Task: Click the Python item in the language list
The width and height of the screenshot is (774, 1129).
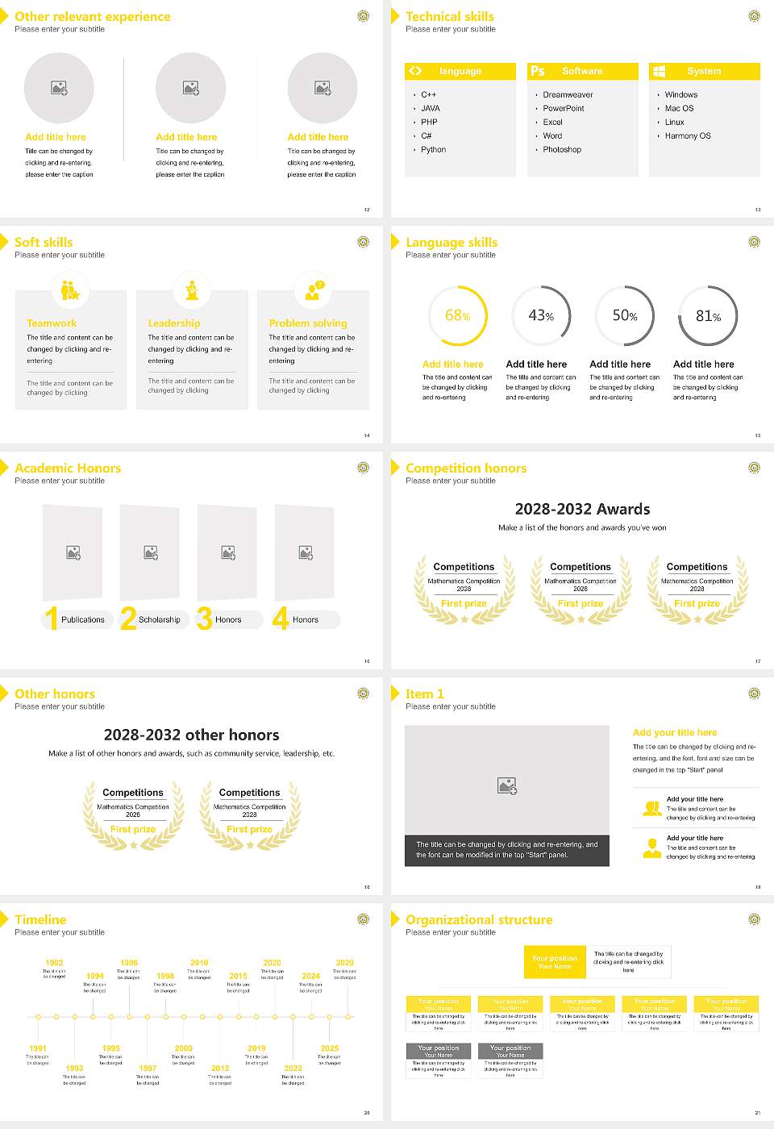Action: click(433, 150)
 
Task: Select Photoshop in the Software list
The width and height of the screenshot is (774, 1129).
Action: click(562, 150)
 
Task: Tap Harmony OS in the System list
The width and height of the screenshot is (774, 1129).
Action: click(688, 136)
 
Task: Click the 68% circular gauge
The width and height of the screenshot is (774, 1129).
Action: click(458, 316)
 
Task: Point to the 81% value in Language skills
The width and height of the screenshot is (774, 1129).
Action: click(708, 316)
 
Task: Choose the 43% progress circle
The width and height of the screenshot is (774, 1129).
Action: click(541, 316)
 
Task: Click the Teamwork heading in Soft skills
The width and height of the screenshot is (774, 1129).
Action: click(52, 323)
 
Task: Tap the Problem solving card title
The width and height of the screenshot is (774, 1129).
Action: click(308, 323)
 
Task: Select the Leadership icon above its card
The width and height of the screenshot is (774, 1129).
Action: click(192, 290)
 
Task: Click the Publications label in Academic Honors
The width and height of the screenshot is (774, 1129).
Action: click(83, 620)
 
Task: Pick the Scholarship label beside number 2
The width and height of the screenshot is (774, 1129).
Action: click(160, 620)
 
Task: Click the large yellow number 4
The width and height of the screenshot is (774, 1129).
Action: click(281, 619)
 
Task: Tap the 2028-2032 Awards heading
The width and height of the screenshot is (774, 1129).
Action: click(582, 510)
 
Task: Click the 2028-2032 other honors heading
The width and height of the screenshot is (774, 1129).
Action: click(191, 735)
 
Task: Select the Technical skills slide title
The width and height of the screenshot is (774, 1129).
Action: click(450, 17)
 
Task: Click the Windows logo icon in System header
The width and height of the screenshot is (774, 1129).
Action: click(659, 71)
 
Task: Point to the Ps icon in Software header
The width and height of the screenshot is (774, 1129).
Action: click(538, 71)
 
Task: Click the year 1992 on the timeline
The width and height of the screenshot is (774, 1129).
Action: click(54, 963)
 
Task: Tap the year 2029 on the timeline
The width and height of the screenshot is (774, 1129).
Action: click(344, 963)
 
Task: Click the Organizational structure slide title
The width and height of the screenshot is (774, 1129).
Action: click(479, 920)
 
